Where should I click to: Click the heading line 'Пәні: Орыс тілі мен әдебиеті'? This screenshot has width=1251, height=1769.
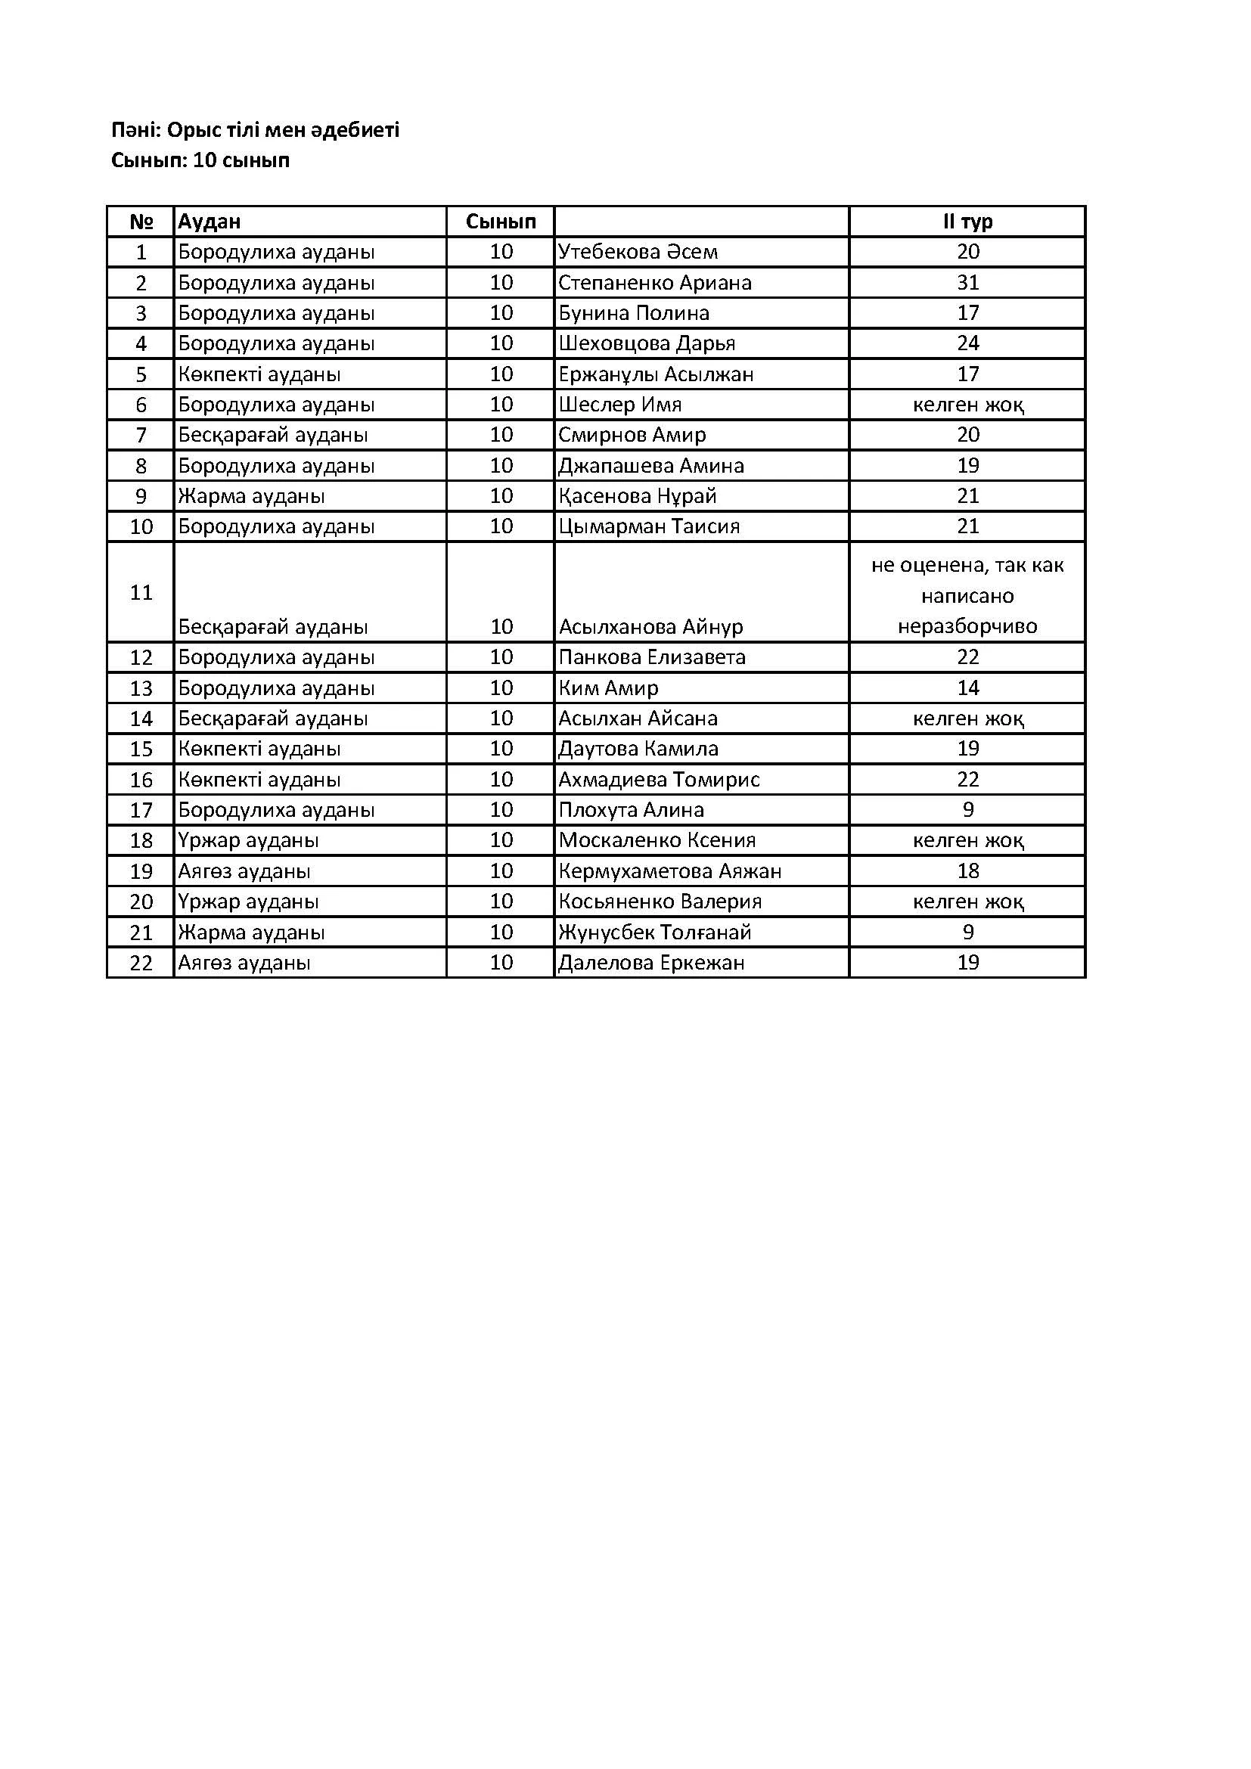[255, 130]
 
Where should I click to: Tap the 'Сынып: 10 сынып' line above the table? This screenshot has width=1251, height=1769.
[200, 160]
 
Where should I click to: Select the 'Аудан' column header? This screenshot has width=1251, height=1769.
[210, 222]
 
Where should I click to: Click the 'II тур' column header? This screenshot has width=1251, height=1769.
[967, 222]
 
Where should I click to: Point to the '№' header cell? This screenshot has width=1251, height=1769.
[141, 222]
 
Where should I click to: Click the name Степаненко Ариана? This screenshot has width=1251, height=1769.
[654, 283]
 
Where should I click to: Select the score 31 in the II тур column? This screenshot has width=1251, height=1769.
[967, 283]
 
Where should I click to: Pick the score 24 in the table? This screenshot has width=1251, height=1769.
[967, 343]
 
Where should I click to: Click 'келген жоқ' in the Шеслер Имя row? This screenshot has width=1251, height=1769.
[967, 405]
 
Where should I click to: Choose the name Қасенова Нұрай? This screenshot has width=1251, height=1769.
[637, 496]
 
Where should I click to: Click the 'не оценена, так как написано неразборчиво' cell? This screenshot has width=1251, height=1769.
[967, 595]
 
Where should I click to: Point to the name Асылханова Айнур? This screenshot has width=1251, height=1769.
[651, 627]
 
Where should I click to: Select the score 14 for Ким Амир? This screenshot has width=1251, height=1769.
[967, 688]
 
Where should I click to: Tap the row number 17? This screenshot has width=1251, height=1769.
[141, 810]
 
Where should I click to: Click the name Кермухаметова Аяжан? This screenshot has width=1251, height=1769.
[669, 871]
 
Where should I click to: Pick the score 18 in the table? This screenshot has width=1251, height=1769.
[967, 871]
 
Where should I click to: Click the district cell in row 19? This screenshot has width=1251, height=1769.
[244, 871]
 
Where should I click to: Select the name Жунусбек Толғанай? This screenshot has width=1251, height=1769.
[654, 933]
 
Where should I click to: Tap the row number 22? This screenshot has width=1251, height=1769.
[141, 963]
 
